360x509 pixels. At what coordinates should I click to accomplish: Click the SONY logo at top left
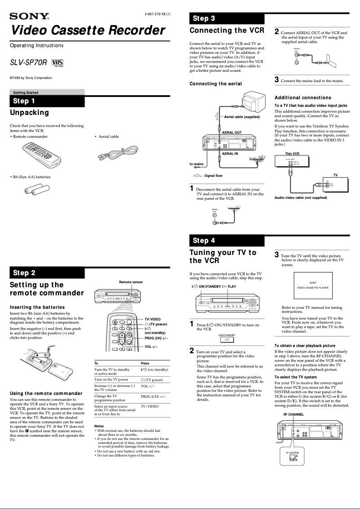click(29, 17)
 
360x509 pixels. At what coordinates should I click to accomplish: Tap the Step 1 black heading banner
click(47, 101)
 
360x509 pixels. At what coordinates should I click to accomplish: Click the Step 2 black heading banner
click(47, 273)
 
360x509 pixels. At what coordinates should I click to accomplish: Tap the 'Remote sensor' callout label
click(131, 282)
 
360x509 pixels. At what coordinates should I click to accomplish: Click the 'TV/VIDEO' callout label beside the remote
click(152, 319)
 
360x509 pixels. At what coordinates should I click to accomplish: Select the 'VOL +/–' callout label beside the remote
click(151, 347)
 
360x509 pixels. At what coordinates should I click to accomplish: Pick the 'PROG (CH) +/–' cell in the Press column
click(153, 397)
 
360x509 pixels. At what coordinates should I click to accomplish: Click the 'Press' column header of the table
click(145, 363)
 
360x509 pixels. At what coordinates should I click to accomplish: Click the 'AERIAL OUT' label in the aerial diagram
click(232, 133)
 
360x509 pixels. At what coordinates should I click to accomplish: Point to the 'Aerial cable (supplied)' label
click(241, 117)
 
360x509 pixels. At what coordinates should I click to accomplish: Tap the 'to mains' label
click(196, 164)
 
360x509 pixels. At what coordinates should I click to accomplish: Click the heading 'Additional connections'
click(303, 97)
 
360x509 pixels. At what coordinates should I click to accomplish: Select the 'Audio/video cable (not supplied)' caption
click(301, 197)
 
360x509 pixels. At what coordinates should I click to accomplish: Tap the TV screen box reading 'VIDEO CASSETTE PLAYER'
click(313, 285)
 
